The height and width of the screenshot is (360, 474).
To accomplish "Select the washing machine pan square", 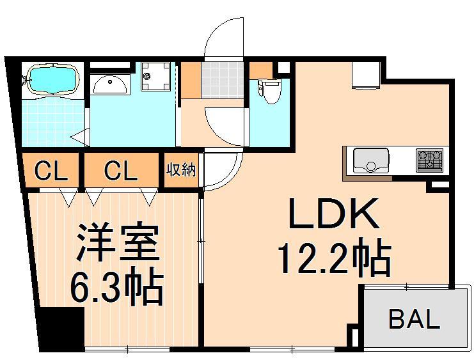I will point(155,77).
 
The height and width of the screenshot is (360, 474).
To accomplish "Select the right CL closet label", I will point(120,171).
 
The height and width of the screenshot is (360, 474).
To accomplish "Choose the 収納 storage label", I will point(182,171).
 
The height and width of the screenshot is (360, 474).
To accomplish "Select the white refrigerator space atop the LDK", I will point(365,75).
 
